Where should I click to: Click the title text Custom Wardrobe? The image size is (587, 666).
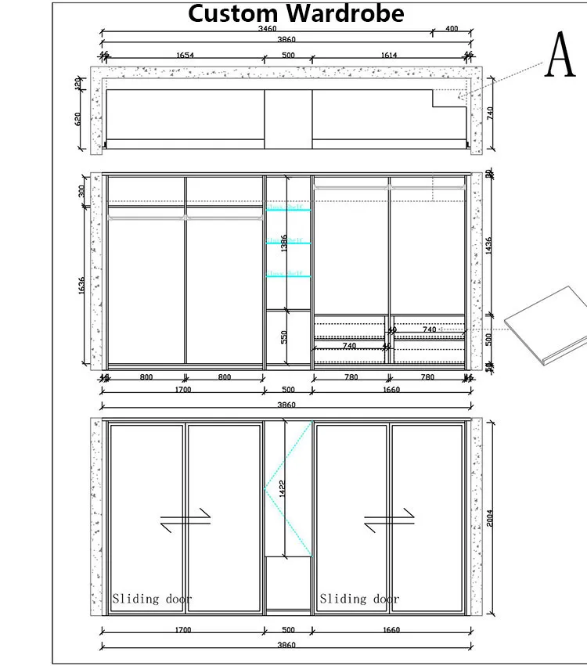click(296, 13)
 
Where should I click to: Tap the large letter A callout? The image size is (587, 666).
click(560, 54)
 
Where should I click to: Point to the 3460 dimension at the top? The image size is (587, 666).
click(266, 29)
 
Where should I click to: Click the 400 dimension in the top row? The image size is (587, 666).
click(452, 29)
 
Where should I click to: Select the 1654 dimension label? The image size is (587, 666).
click(185, 55)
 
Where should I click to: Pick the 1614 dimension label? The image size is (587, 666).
click(389, 55)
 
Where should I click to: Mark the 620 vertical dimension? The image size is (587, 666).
click(78, 119)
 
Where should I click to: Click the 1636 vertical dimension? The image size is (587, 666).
click(82, 286)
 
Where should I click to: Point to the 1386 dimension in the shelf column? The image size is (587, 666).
click(285, 243)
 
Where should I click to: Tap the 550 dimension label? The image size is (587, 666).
click(285, 337)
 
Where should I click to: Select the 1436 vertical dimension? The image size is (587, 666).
click(489, 245)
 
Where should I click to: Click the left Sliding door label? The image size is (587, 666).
click(152, 599)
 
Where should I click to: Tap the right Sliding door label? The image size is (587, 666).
click(359, 599)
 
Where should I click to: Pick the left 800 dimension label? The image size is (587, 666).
click(146, 377)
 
